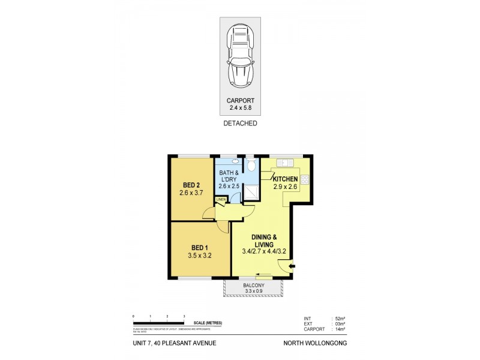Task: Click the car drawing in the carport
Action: pyautogui.click(x=240, y=58)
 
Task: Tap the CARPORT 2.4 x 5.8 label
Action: pyautogui.click(x=240, y=104)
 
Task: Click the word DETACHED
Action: pyautogui.click(x=240, y=123)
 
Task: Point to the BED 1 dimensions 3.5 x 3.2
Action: pyautogui.click(x=200, y=256)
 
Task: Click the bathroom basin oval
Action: pyautogui.click(x=235, y=161)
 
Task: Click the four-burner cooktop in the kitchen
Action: pyautogui.click(x=304, y=179)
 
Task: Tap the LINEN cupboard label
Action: pyautogui.click(x=221, y=199)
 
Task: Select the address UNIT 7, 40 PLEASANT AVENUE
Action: pyautogui.click(x=175, y=343)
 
